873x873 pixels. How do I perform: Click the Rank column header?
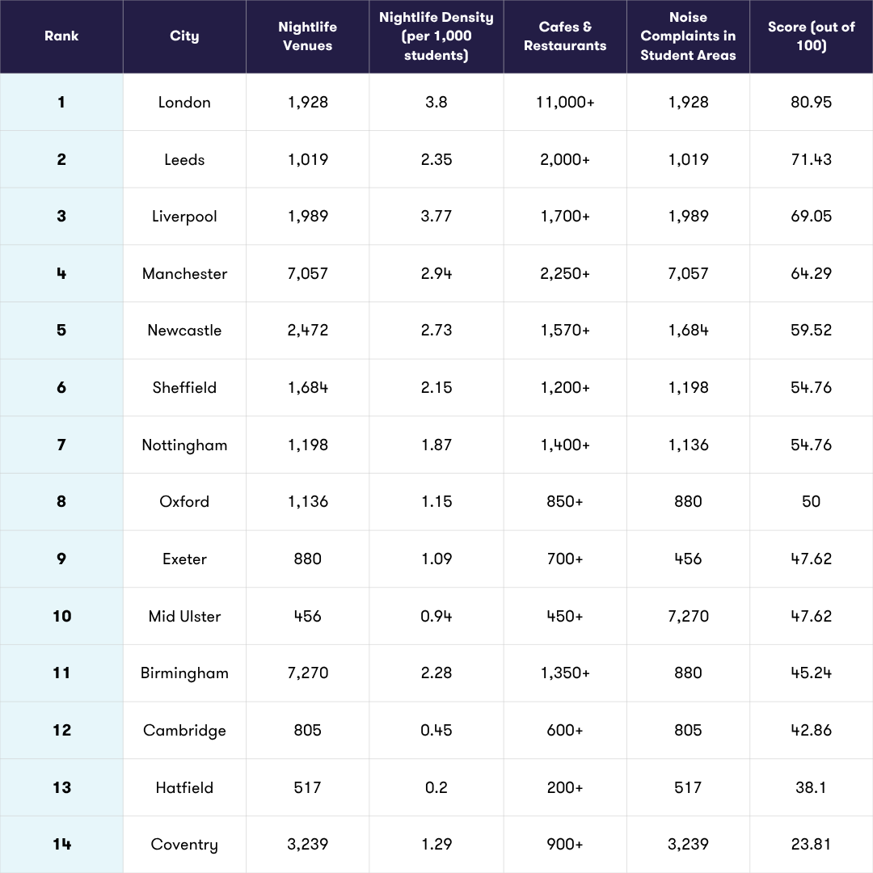61,36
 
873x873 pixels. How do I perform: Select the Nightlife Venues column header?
307,36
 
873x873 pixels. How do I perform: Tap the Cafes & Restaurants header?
565,36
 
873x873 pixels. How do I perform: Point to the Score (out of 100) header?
811,36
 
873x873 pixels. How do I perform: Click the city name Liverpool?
184,217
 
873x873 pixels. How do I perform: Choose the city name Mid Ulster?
184,616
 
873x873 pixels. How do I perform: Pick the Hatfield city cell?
184,787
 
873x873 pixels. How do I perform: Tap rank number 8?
61,502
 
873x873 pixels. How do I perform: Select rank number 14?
61,845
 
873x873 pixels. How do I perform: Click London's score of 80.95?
811,103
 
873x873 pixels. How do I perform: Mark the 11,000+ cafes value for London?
565,103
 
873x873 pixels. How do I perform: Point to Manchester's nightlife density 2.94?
436,274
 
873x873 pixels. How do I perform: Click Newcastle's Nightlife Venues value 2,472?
307,331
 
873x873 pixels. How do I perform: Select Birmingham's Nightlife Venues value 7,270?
307,673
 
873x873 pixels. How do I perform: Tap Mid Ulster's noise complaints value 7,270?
688,616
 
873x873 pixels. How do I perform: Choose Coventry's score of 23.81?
811,845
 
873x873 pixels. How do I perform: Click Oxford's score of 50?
811,502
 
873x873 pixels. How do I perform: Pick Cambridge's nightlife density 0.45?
436,731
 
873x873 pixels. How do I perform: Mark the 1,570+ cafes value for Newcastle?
565,331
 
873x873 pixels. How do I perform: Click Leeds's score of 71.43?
811,160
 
